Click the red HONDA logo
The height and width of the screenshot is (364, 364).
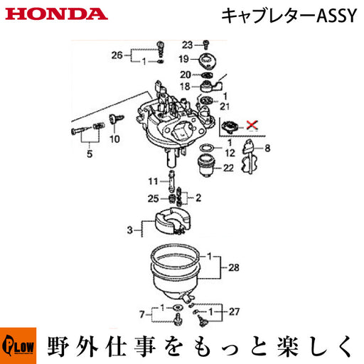click(56, 14)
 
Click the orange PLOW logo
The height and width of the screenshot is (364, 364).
click(18, 346)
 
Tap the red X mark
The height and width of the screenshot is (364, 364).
click(252, 124)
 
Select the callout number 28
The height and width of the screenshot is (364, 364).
click(234, 267)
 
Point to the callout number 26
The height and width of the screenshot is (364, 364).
click(117, 55)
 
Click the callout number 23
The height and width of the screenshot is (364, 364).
click(188, 45)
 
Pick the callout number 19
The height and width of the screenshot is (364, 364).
click(184, 59)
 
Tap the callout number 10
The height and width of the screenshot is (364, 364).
click(114, 139)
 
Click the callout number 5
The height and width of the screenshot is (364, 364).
click(90, 154)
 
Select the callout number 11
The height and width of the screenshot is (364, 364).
click(153, 181)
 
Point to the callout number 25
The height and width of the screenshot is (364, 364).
click(153, 198)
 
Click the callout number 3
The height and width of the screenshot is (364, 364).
click(129, 230)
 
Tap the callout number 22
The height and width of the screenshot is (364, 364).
click(228, 168)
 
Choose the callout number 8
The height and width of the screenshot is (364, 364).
click(267, 148)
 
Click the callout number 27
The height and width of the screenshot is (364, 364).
click(234, 311)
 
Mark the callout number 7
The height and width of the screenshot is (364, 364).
click(142, 314)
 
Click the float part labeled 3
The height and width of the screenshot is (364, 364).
click(173, 220)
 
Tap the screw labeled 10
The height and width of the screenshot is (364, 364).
click(116, 118)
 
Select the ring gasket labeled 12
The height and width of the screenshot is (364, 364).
click(207, 148)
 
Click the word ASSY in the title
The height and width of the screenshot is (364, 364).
click(336, 16)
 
